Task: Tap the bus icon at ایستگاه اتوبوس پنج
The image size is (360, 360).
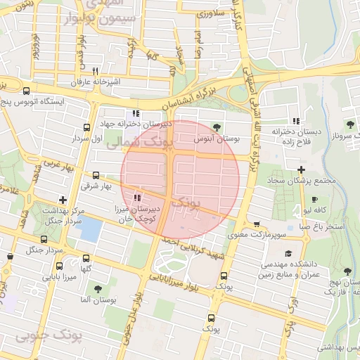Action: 26,91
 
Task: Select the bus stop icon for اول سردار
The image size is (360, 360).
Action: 86,127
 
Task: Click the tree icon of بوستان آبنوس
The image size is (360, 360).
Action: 217,127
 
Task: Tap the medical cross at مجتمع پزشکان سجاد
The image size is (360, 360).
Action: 301,169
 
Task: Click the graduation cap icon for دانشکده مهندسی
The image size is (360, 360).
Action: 287,254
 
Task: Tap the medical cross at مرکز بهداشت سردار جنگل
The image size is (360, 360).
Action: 63,200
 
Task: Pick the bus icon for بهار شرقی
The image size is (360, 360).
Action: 96,175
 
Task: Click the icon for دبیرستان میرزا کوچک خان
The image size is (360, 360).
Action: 136,198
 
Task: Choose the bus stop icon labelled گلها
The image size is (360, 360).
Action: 86,258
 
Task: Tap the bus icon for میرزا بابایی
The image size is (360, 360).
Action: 58,266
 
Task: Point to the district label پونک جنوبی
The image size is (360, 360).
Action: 49,336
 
